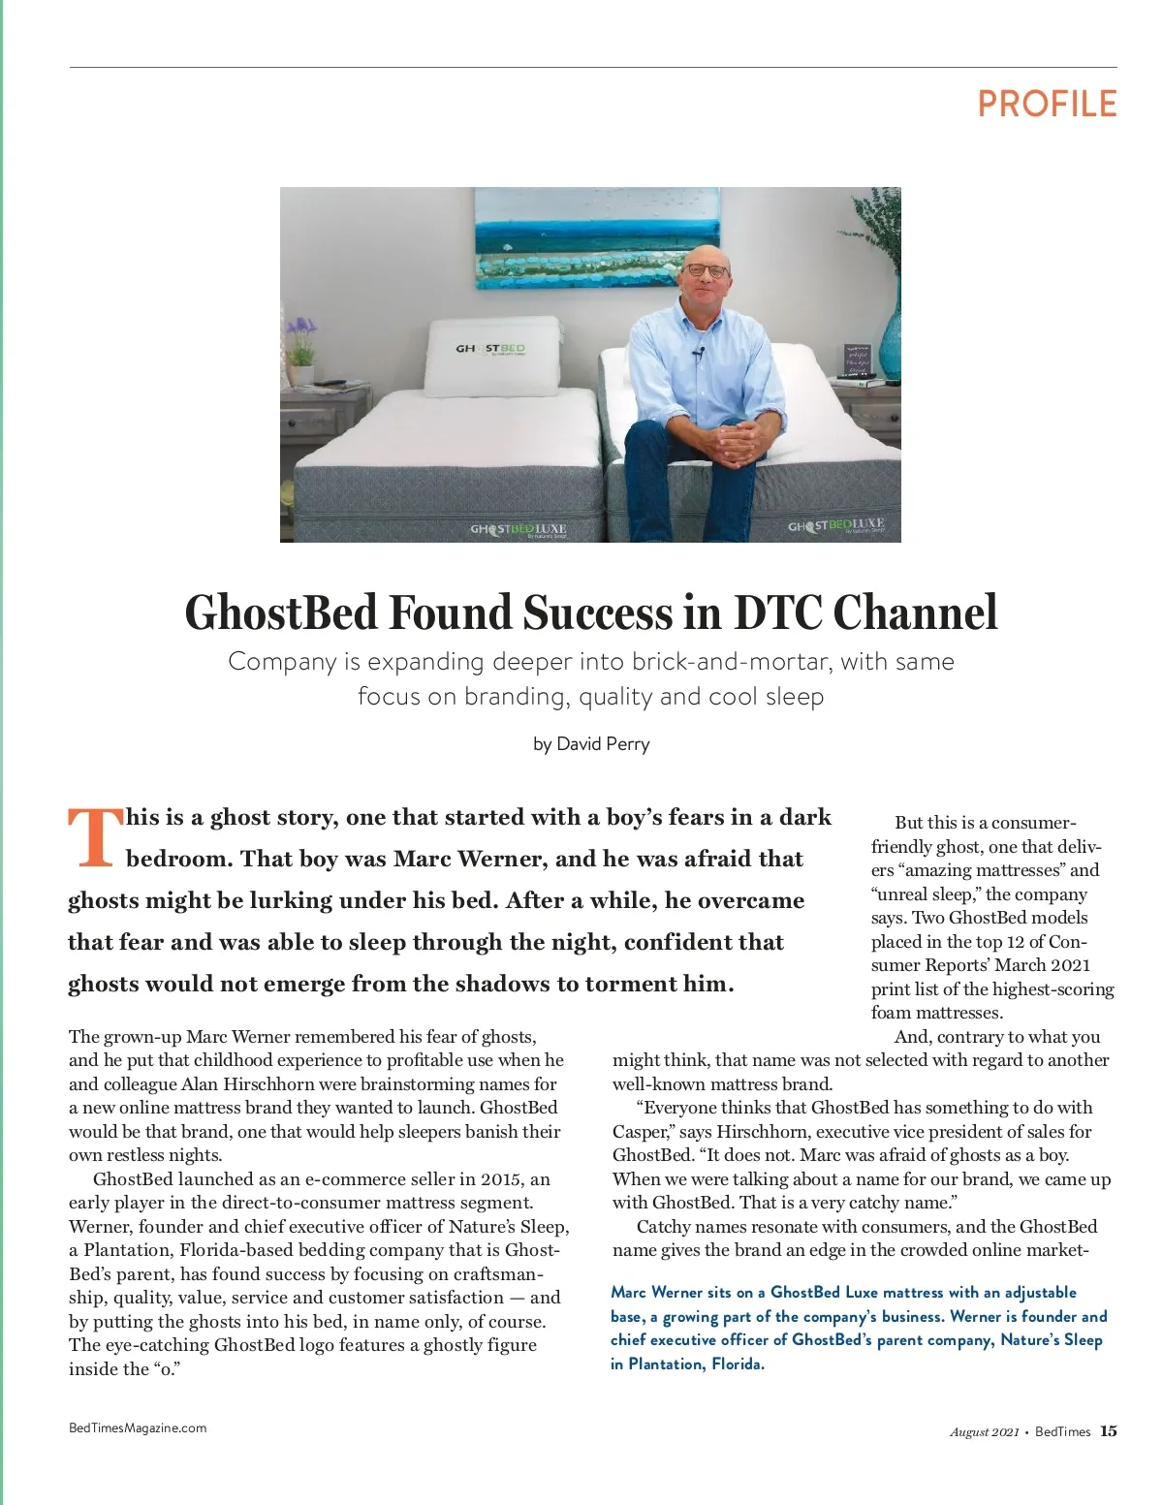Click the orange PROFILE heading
click(x=1047, y=104)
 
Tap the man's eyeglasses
click(x=705, y=271)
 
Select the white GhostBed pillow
click(x=493, y=355)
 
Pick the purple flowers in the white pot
click(x=301, y=335)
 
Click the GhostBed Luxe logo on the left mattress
click(x=518, y=529)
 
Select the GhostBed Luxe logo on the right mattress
click(x=835, y=525)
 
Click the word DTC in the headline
click(x=777, y=612)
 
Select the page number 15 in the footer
click(x=1109, y=1431)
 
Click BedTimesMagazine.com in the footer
click(x=138, y=1427)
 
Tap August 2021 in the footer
click(x=984, y=1432)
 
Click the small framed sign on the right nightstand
click(x=857, y=360)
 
